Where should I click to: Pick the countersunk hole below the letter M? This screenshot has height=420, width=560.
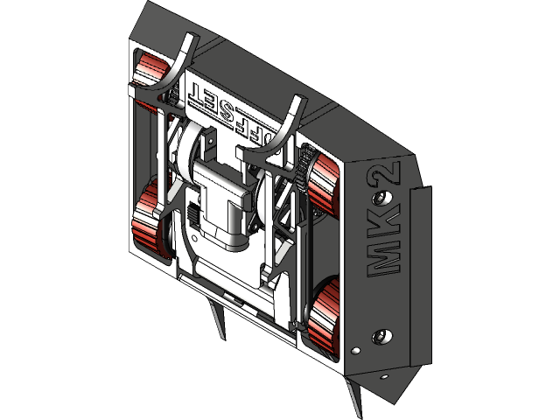tap(380, 336)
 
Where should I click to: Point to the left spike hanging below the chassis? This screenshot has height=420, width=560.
tap(218, 319)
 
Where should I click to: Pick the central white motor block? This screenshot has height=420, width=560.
tap(219, 206)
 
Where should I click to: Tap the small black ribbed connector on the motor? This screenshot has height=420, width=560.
tap(190, 213)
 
